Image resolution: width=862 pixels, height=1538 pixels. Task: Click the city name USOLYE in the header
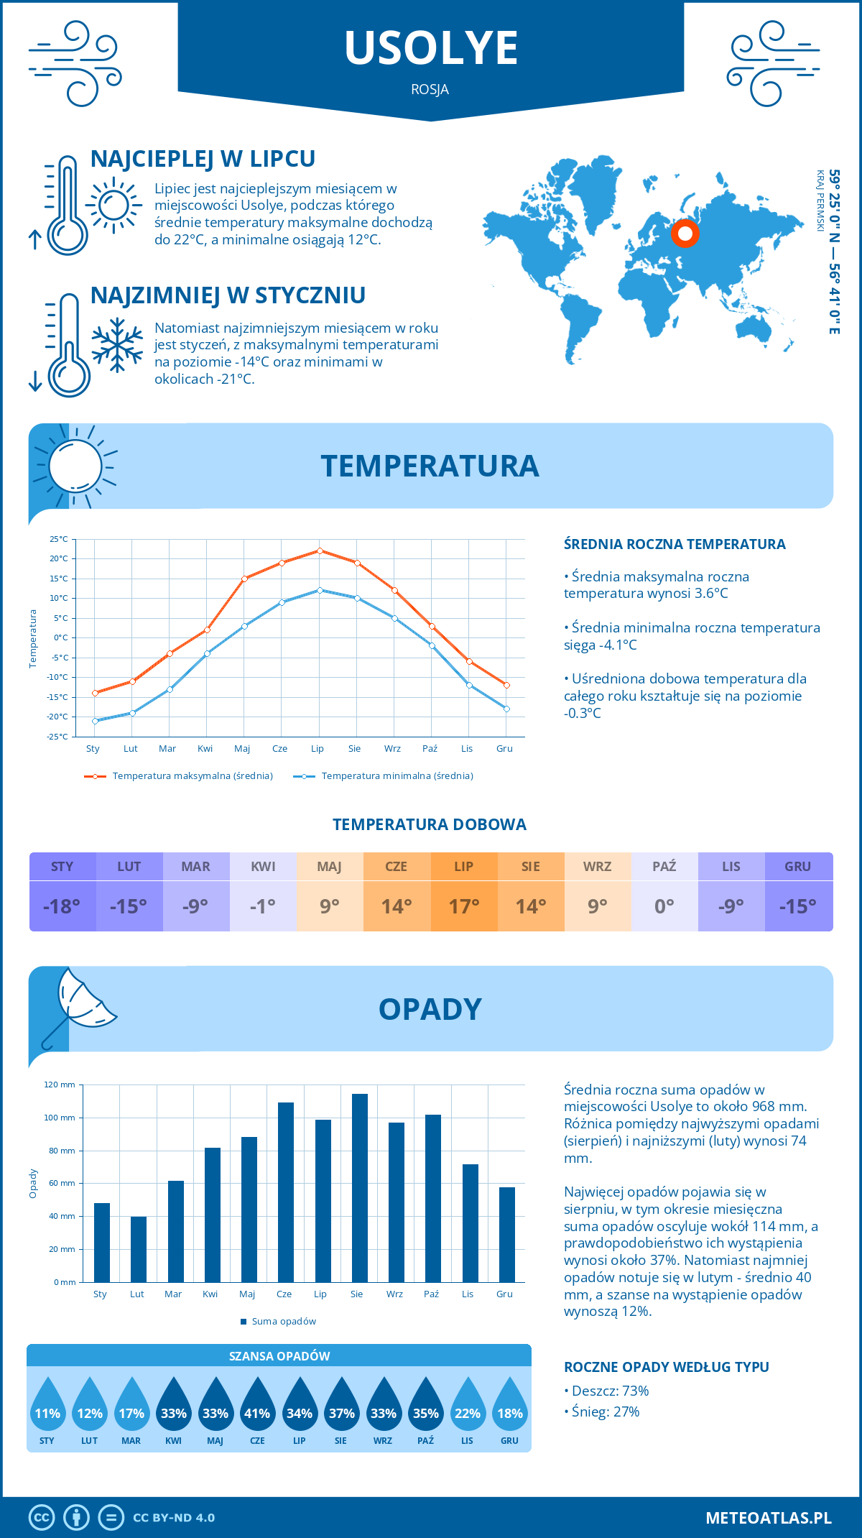(431, 48)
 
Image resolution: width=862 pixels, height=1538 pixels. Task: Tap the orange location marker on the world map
(685, 234)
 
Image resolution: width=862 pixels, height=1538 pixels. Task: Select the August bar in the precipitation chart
(360, 1188)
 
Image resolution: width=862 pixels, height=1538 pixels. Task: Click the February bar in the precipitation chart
(139, 1249)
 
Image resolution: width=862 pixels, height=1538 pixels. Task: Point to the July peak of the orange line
(320, 551)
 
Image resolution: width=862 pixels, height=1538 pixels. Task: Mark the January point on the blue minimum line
(95, 721)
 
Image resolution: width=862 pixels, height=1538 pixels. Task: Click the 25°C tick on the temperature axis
(59, 539)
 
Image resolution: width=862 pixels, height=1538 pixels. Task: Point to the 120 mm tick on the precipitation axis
(60, 1085)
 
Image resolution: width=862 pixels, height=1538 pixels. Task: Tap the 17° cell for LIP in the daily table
(464, 906)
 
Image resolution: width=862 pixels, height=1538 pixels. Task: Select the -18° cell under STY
(62, 906)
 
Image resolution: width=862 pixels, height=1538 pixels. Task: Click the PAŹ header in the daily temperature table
(664, 867)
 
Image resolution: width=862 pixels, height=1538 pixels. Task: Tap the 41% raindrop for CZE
(257, 1412)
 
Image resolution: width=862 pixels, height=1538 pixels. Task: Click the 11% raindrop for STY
(47, 1412)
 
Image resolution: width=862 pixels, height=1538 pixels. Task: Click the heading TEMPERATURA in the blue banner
(430, 466)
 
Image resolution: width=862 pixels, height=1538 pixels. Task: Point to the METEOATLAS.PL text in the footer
(769, 1518)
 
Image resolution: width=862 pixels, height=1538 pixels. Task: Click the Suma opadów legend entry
(283, 1322)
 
